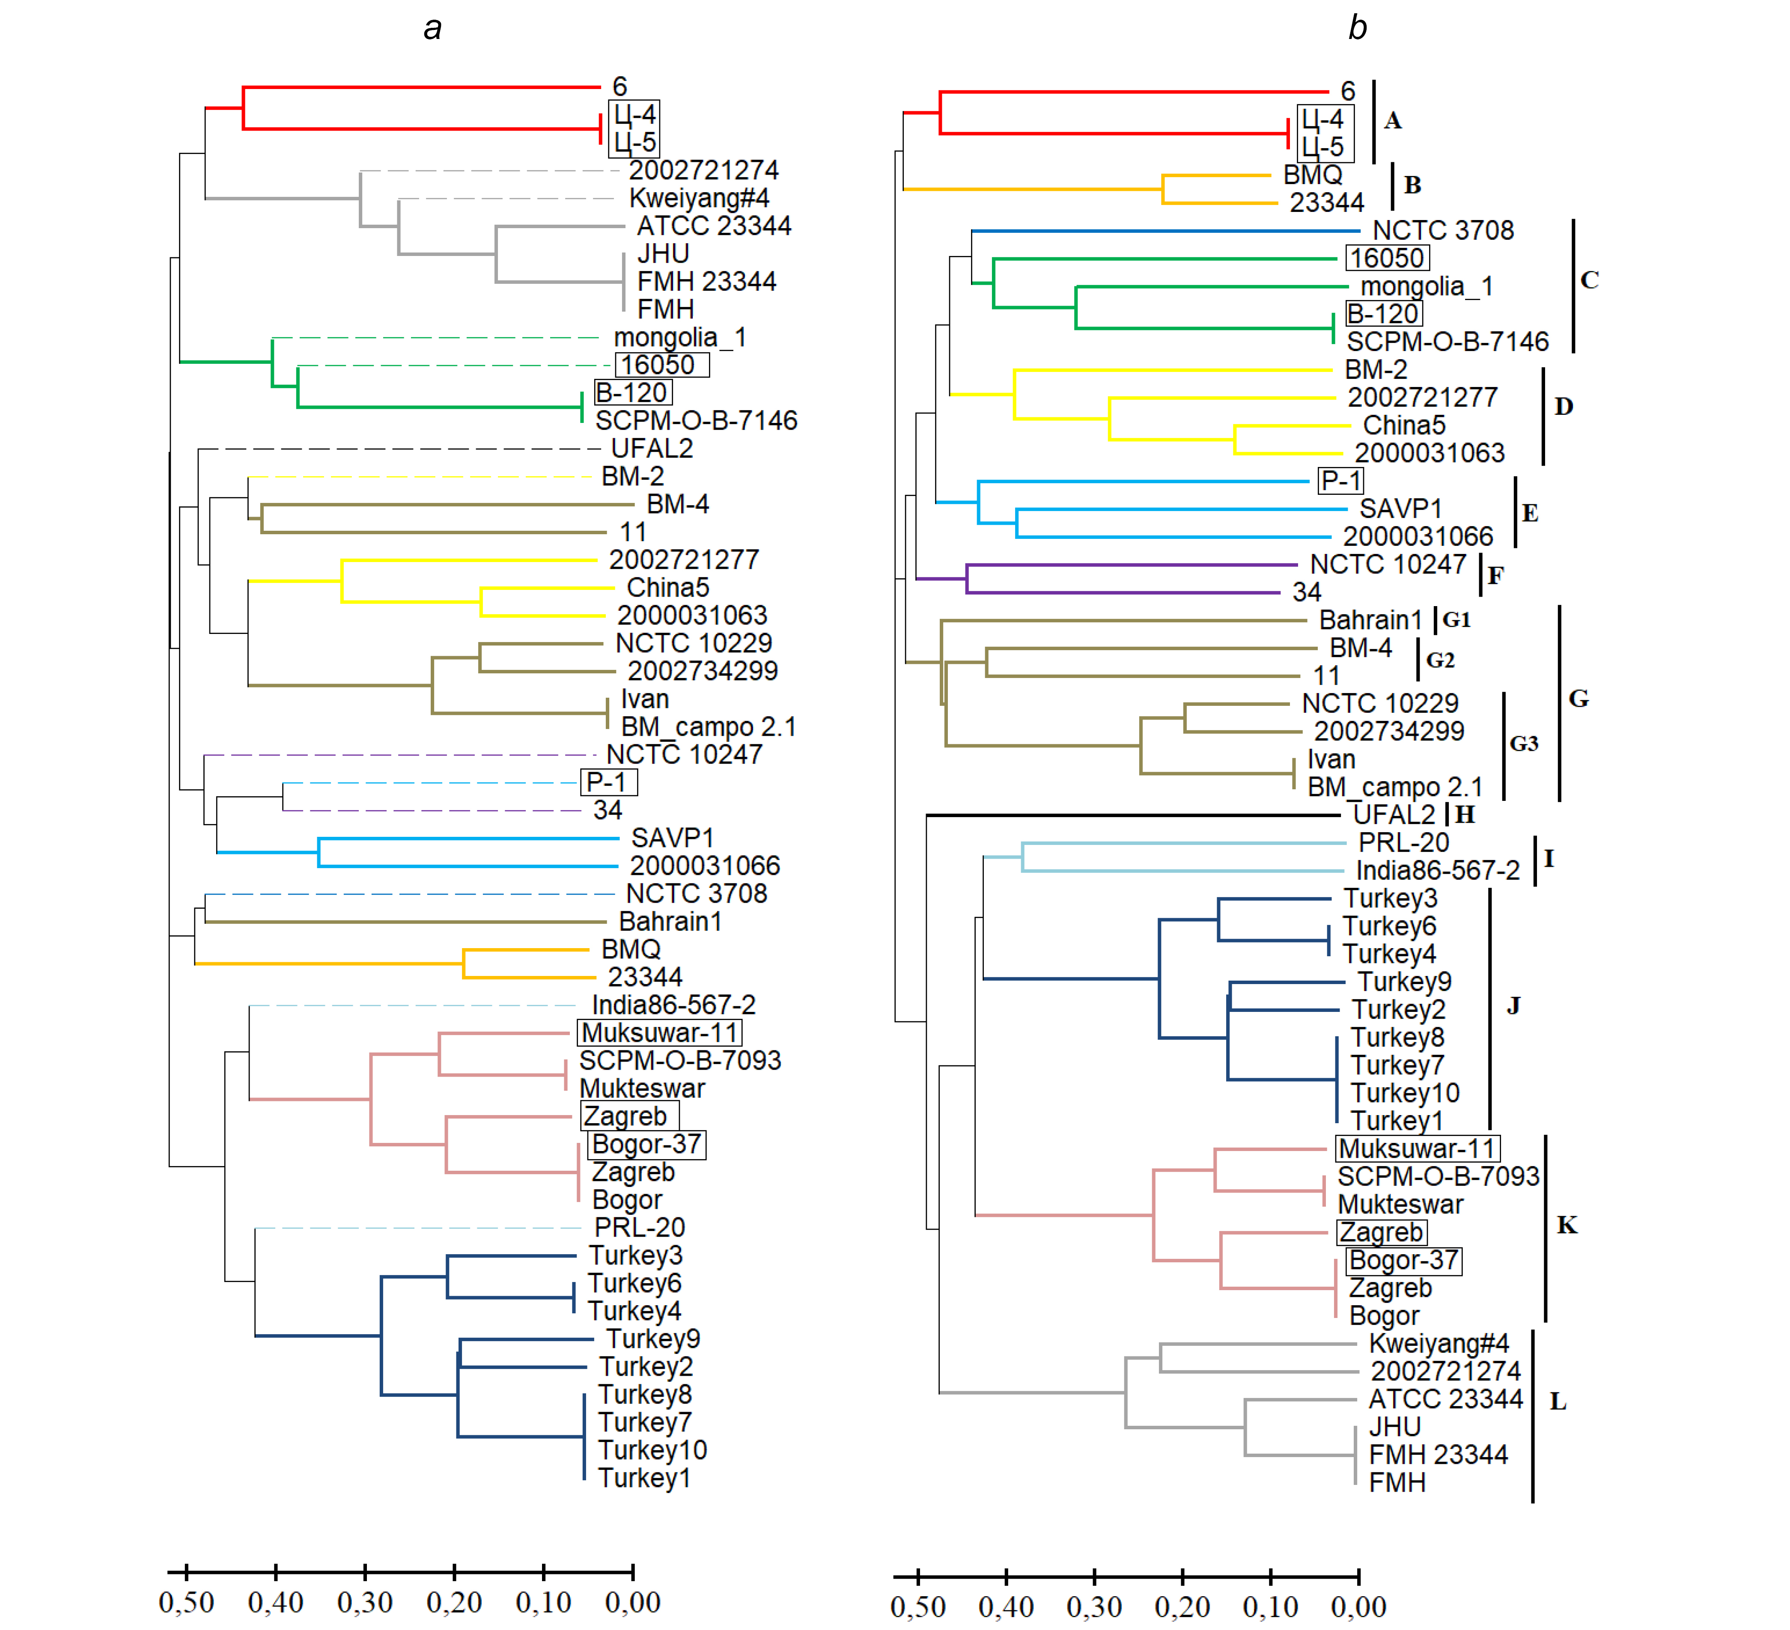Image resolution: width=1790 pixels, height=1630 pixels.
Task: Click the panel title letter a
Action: pyautogui.click(x=432, y=28)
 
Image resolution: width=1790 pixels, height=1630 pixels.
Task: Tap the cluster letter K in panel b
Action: pyautogui.click(x=1567, y=1225)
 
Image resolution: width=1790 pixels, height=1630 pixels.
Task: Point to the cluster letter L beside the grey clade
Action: pyautogui.click(x=1558, y=1401)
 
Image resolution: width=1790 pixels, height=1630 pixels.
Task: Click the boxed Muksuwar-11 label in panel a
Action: pyautogui.click(x=660, y=1032)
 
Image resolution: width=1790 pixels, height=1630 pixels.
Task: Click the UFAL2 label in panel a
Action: pyautogui.click(x=652, y=448)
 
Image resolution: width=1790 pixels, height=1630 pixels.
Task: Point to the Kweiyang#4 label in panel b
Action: pyautogui.click(x=1439, y=1343)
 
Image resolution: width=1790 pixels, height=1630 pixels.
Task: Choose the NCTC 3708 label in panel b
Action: pyautogui.click(x=1443, y=230)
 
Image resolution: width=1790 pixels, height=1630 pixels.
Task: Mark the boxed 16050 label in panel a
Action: pyautogui.click(x=661, y=365)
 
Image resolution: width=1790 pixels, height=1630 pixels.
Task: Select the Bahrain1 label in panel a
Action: pyautogui.click(x=670, y=922)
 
